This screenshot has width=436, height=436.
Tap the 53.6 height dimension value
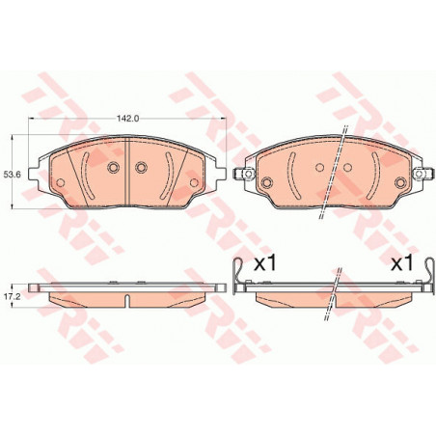pos(12,175)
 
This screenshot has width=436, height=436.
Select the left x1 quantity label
pos(265,264)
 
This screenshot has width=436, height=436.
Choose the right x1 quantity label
pos(401,264)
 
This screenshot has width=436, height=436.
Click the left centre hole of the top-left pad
pos(113,167)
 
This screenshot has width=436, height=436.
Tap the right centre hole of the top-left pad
pos(141,167)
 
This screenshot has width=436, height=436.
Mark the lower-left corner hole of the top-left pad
pos(61,182)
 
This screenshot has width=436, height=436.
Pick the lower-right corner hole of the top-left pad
pos(194,182)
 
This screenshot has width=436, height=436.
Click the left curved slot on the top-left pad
pos(84,176)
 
